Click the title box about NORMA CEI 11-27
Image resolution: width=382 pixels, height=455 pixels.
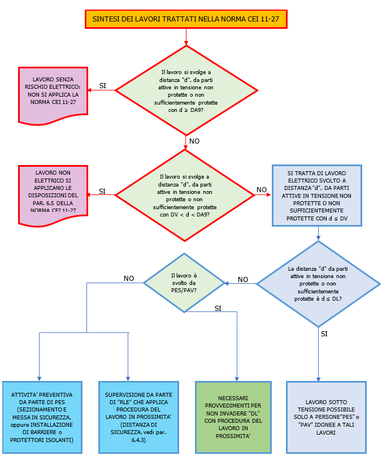pos(186,19)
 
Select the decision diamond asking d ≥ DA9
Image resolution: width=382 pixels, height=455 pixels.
pos(186,90)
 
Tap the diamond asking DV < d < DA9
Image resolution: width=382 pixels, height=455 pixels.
pos(185,195)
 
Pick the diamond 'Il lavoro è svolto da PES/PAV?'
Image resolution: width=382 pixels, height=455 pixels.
pos(185,280)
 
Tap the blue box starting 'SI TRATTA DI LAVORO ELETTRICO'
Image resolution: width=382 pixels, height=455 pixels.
pos(316,195)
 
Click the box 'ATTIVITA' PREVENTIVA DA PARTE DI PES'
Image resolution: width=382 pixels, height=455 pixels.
pos(42,417)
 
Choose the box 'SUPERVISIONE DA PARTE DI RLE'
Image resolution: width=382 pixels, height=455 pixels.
pos(134,417)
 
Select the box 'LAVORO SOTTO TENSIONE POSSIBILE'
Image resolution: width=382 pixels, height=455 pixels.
pos(326,417)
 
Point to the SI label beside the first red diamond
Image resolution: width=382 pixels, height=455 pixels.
pos(103,85)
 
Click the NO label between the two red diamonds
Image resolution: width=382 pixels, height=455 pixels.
pos(194,141)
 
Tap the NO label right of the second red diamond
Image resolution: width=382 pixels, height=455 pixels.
pos(262,190)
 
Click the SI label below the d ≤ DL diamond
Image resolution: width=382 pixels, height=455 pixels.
pos(324,334)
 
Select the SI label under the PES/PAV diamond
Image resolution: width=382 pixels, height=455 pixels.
pos(218,308)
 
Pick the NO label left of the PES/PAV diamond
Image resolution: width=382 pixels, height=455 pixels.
pos(129,278)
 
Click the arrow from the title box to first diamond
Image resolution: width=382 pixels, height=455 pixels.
pos(186,37)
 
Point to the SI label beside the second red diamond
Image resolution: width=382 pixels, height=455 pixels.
pos(102,191)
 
